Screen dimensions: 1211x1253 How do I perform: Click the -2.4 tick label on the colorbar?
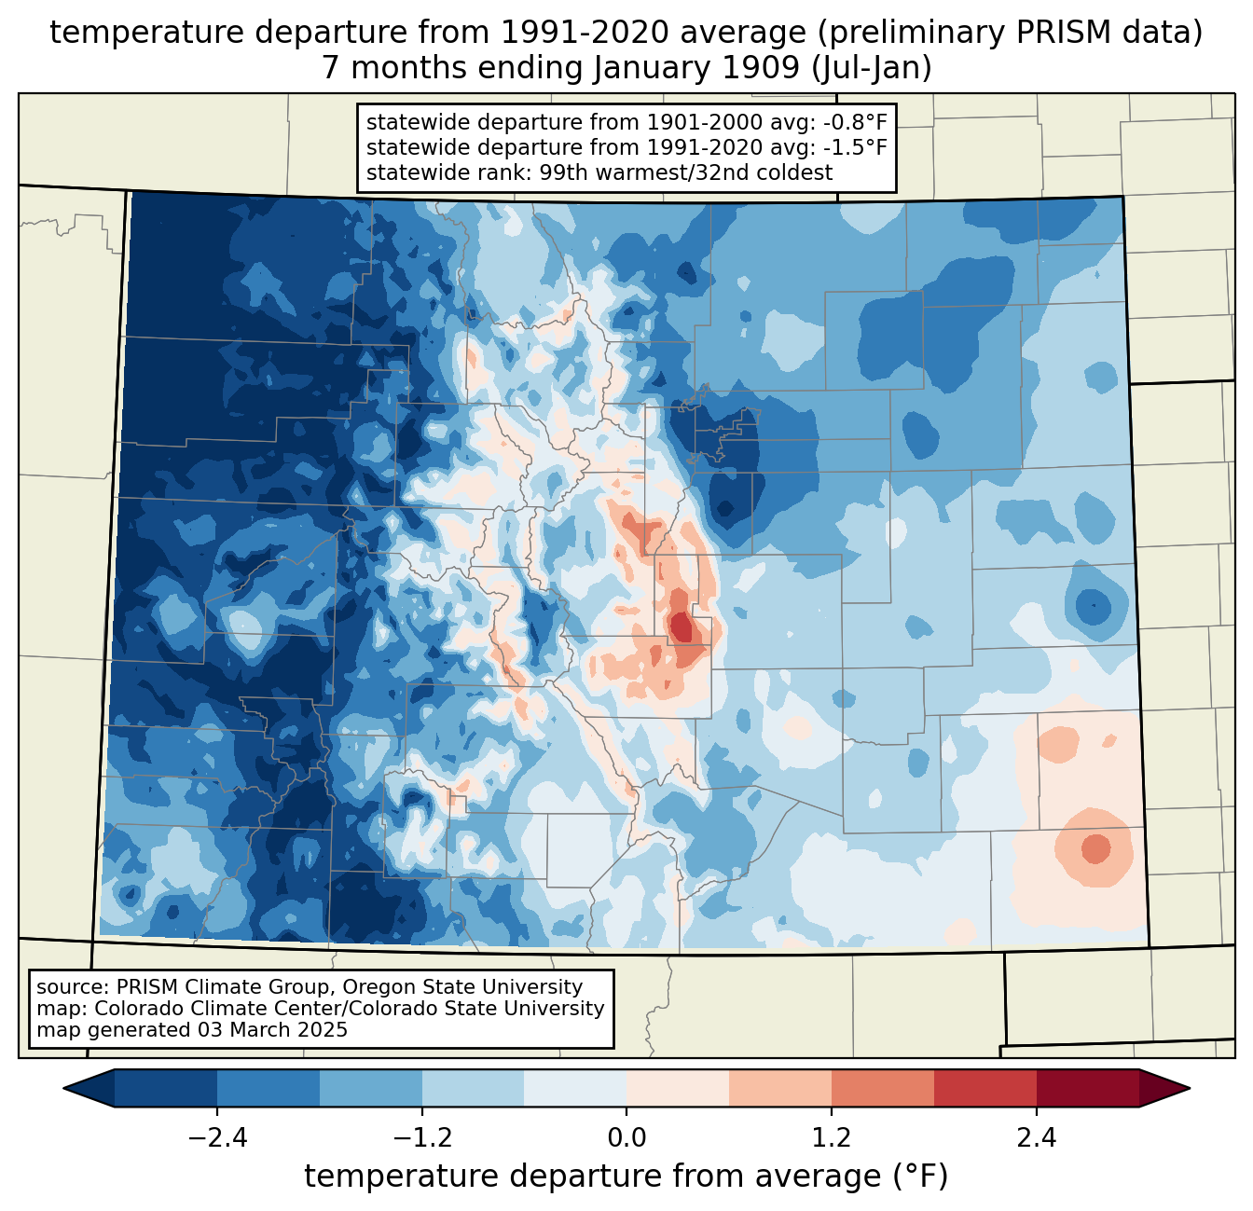[217, 1138]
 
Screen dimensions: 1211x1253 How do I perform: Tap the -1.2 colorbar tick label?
[421, 1138]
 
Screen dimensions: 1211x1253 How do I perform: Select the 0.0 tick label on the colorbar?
[626, 1138]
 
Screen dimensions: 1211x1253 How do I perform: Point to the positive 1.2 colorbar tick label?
[832, 1138]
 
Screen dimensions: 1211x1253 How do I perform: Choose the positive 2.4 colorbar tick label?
[1036, 1138]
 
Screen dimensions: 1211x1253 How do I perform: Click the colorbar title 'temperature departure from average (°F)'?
[626, 1177]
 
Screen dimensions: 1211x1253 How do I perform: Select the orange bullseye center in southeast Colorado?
[1095, 848]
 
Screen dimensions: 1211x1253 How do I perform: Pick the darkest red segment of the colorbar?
[1087, 1088]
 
